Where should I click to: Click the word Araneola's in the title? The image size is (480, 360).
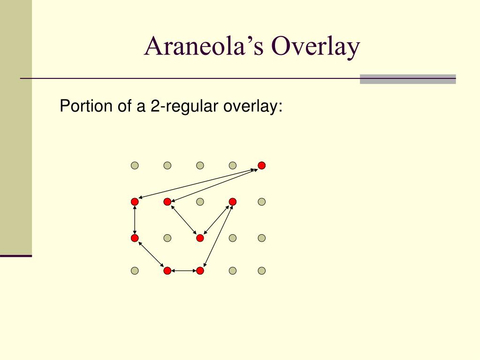(x=204, y=46)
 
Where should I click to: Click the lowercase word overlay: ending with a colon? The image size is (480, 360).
(x=253, y=106)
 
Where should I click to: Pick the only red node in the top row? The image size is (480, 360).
(x=261, y=166)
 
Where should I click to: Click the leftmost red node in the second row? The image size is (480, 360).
(x=135, y=202)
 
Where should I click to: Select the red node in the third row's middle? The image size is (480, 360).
(x=200, y=238)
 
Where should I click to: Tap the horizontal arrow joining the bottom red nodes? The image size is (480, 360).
(x=183, y=271)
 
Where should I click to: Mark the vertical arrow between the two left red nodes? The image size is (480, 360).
(x=135, y=220)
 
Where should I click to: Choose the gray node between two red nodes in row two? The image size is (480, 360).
(x=200, y=202)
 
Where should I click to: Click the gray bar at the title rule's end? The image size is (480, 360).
(x=408, y=79)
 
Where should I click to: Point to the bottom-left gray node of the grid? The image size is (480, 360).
(x=135, y=271)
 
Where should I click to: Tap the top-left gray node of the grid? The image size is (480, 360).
(x=135, y=166)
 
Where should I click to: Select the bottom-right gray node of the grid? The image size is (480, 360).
(x=261, y=271)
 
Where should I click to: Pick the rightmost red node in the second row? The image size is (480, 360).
(x=233, y=202)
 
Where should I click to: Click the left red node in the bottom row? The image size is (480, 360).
(x=167, y=271)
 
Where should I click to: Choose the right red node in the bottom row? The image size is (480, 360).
(x=200, y=271)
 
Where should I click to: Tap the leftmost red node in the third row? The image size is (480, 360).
(x=135, y=238)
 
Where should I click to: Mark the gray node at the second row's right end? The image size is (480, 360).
(x=261, y=202)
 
